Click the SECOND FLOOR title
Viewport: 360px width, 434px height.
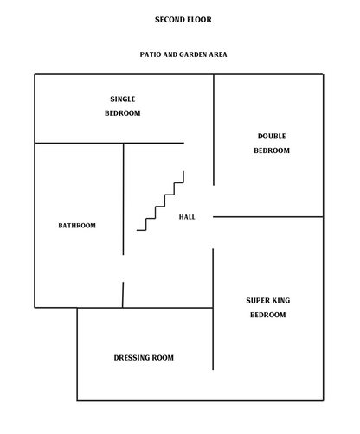point(183,20)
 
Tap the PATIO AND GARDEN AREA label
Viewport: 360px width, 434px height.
point(183,54)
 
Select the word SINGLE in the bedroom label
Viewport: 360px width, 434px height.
point(123,99)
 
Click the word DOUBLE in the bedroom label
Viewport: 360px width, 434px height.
point(272,136)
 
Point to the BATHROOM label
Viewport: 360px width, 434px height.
point(77,226)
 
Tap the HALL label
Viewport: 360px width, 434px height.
point(187,217)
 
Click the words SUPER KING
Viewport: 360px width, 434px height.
point(268,300)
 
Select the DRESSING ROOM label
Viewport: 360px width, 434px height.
point(144,358)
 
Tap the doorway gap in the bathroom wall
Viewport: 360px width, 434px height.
point(123,269)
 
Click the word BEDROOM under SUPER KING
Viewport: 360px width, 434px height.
point(268,315)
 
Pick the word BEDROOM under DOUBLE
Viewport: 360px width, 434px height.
point(272,150)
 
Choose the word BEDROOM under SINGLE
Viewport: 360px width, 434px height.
point(123,113)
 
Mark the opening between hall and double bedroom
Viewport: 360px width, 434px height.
point(213,201)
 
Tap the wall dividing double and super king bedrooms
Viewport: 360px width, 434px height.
point(268,217)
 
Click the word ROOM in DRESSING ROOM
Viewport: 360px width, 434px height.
point(163,358)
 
